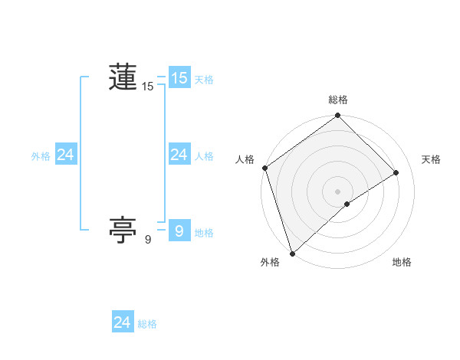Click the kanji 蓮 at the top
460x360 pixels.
tap(123, 77)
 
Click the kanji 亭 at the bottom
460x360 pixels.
tap(123, 228)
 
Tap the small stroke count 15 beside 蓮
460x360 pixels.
tap(148, 87)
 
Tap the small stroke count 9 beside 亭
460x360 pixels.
tap(148, 240)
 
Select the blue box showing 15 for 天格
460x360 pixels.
tap(179, 78)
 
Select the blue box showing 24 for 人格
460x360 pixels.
tap(179, 155)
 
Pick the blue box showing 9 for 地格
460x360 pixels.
tap(179, 231)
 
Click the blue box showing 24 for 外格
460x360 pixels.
tap(65, 155)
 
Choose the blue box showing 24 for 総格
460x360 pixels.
tap(123, 322)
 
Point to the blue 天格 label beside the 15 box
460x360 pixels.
tap(204, 79)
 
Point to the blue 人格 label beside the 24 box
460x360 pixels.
tap(204, 156)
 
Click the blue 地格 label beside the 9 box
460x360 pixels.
tap(204, 232)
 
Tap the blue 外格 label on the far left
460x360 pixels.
tap(41, 156)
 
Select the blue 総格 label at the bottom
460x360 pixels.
tap(147, 324)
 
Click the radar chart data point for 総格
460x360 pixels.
tap(337, 116)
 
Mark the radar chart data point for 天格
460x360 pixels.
tap(396, 172)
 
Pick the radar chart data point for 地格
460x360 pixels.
tap(347, 204)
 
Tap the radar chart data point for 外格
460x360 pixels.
tap(292, 253)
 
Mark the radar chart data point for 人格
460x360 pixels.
tap(264, 168)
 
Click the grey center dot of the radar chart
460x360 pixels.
tap(337, 191)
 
